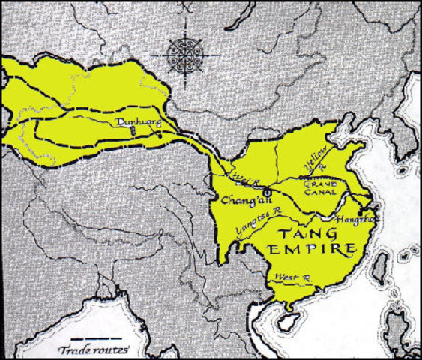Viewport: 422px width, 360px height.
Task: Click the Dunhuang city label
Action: [133, 120]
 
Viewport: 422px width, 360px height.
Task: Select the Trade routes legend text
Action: [93, 350]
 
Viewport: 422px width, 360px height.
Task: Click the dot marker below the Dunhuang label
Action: [133, 130]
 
